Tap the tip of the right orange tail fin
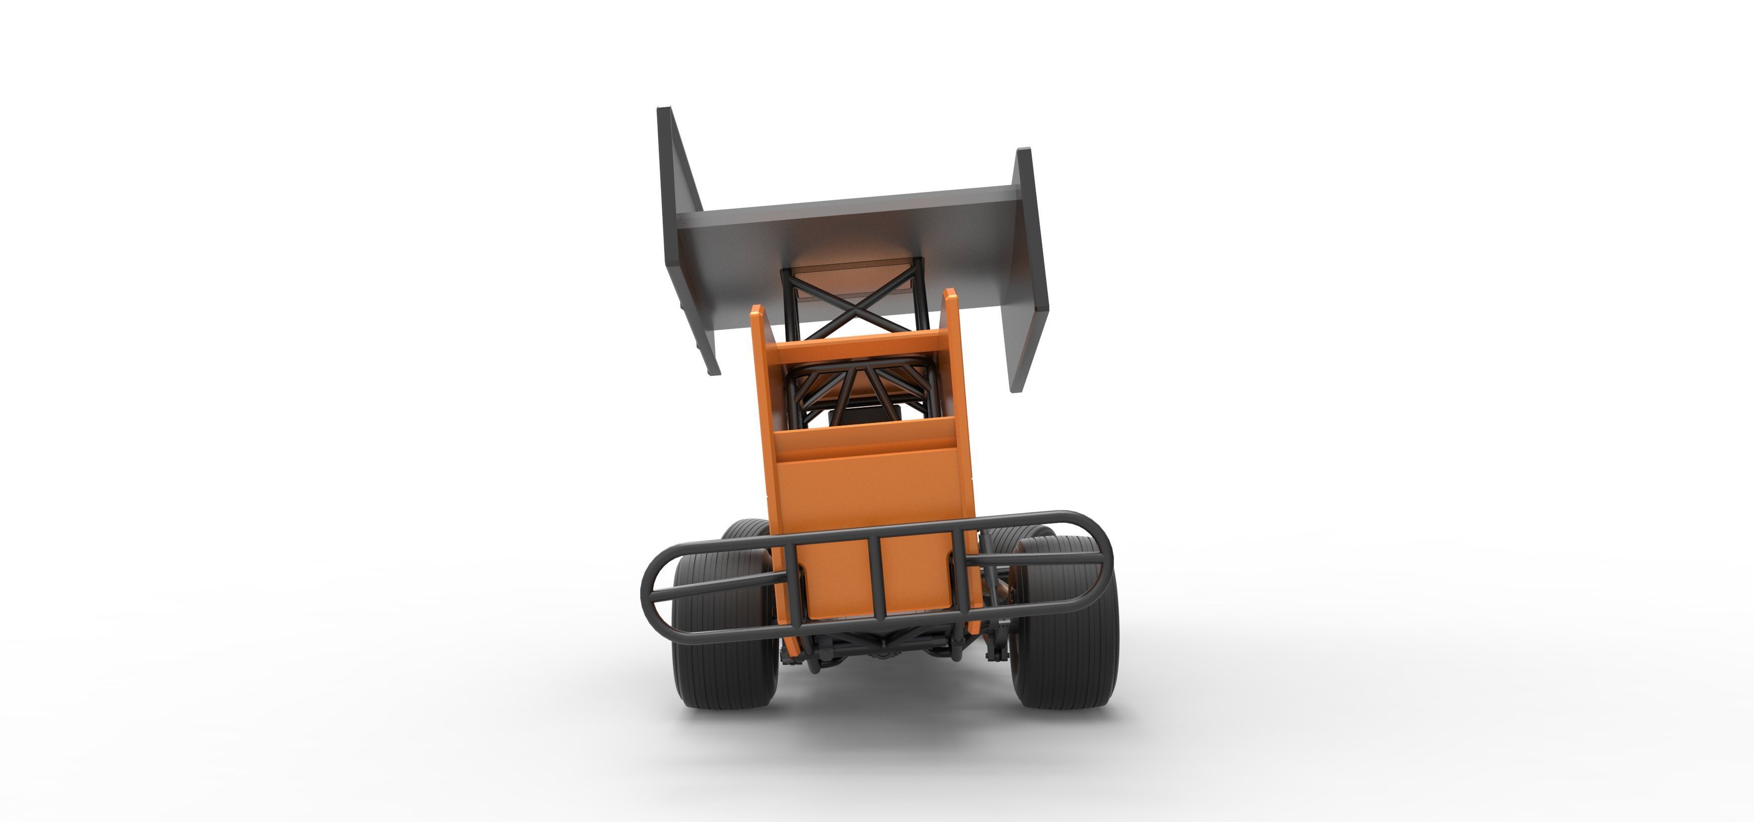(950, 293)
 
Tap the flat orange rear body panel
(872, 490)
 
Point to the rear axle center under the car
(878, 650)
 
